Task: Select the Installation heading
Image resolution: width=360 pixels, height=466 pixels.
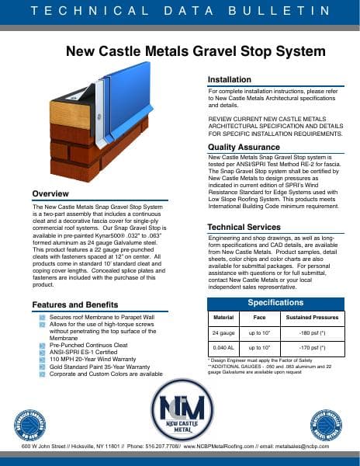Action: pyautogui.click(x=229, y=79)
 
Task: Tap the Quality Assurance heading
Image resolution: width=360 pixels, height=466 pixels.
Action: pyautogui.click(x=243, y=148)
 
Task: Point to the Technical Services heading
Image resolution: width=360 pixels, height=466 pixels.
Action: pyautogui.click(x=244, y=226)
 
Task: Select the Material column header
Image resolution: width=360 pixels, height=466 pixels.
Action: pyautogui.click(x=223, y=318)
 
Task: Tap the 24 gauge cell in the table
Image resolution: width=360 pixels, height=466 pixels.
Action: pyautogui.click(x=223, y=332)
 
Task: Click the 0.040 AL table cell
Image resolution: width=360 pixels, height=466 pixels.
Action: pyautogui.click(x=223, y=348)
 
